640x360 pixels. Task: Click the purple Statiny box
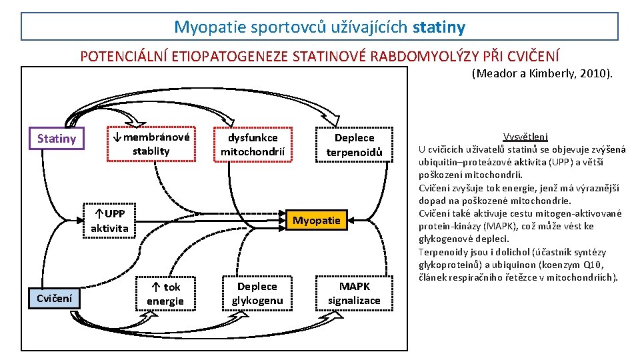pyautogui.click(x=56, y=139)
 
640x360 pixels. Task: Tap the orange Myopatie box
pyautogui.click(x=317, y=220)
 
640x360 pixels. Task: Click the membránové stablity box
pyautogui.click(x=151, y=144)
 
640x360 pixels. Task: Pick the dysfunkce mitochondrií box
pyautogui.click(x=253, y=145)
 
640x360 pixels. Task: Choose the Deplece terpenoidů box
pyautogui.click(x=354, y=145)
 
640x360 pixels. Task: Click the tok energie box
pyautogui.click(x=165, y=294)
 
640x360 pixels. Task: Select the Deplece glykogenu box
pyautogui.click(x=257, y=293)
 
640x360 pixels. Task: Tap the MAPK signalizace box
pyautogui.click(x=354, y=293)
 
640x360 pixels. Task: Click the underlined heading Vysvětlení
pyautogui.click(x=525, y=137)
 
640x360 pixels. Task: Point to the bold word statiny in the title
pyautogui.click(x=439, y=27)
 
